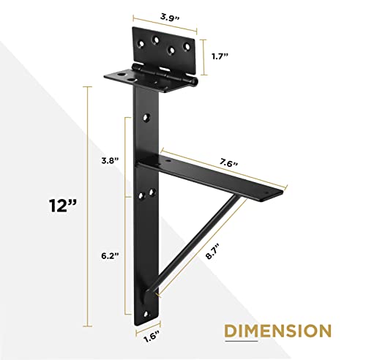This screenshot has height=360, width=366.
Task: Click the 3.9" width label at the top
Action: (x=165, y=14)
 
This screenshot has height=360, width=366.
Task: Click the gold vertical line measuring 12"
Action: (x=90, y=205)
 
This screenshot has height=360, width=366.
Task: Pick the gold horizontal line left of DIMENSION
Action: (x=205, y=331)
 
